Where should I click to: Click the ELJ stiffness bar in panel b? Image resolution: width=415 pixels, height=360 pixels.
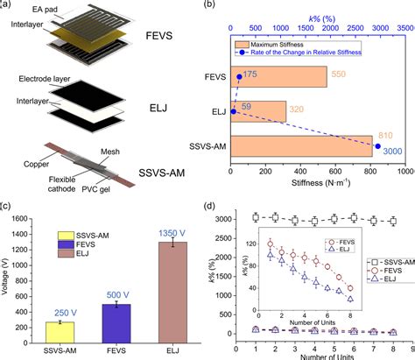click(x=258, y=110)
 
